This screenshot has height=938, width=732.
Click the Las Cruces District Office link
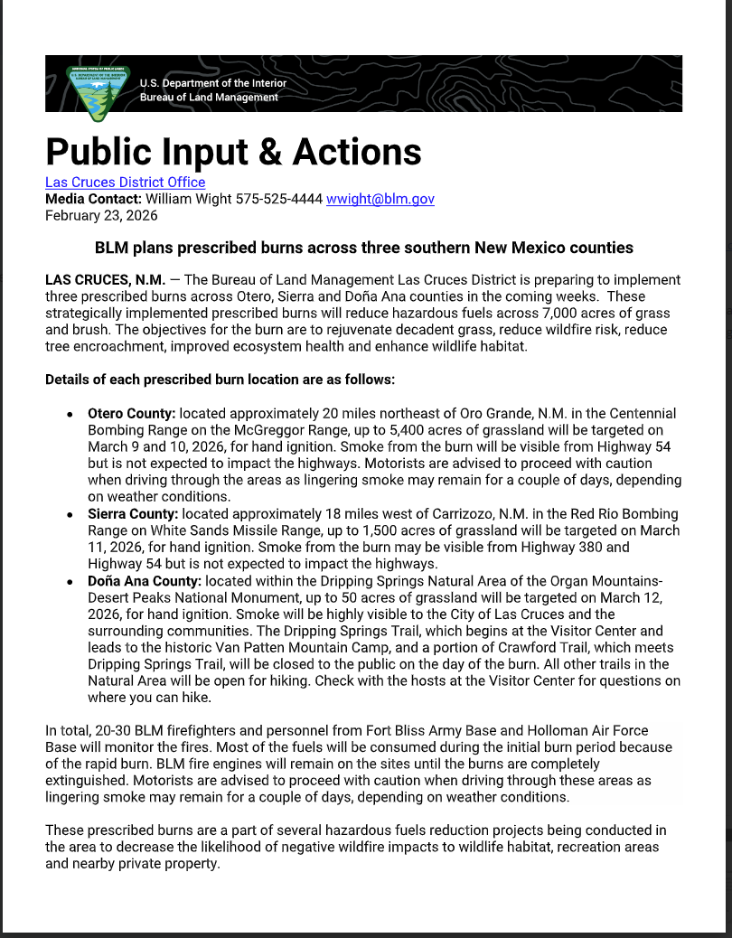tap(125, 182)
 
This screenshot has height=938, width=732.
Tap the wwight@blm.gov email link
tap(380, 199)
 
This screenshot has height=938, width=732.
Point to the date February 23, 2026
tap(101, 215)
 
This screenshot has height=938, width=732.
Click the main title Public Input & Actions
tap(233, 151)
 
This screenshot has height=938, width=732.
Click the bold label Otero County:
tap(131, 413)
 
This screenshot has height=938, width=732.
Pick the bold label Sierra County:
tap(133, 513)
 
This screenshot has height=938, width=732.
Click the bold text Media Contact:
tap(93, 199)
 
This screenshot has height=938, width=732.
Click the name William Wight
tap(188, 199)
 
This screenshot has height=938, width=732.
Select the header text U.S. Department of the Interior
tap(213, 84)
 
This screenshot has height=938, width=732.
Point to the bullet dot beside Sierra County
tap(70, 514)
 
